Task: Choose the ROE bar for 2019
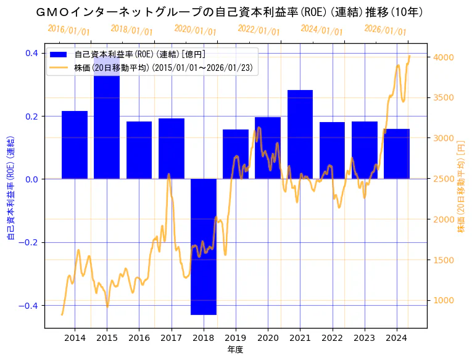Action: (235, 154)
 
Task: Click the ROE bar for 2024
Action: (397, 153)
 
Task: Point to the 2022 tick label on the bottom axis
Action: (332, 338)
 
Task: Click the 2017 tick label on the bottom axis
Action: (171, 338)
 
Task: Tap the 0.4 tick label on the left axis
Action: (31, 53)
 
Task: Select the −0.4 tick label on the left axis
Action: (29, 306)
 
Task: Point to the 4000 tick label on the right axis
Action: (444, 57)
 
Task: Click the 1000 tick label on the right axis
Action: (444, 301)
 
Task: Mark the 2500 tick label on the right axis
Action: (444, 179)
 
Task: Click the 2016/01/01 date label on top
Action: (68, 30)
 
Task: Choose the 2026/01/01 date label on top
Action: (385, 30)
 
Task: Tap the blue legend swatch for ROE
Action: (60, 55)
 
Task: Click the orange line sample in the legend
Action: (60, 67)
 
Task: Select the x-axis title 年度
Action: (235, 350)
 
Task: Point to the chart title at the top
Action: (228, 12)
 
